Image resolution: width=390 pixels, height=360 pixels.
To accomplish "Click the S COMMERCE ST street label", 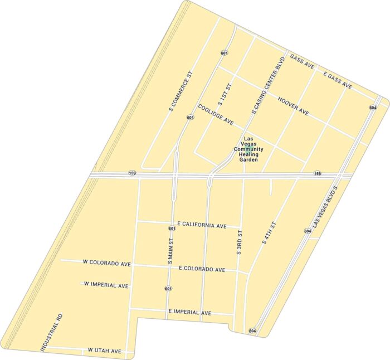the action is pyautogui.click(x=180, y=90).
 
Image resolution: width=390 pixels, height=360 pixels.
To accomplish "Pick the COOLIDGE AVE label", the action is pyautogui.click(x=215, y=113).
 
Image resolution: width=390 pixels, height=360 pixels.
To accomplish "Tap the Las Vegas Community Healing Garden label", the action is pyautogui.click(x=248, y=149).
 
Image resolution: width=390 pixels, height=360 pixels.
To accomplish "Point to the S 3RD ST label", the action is pyautogui.click(x=239, y=241).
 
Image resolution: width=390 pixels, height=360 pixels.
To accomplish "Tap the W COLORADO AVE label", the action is pyautogui.click(x=106, y=262).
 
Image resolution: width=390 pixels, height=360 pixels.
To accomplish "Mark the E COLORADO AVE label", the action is pyautogui.click(x=202, y=269).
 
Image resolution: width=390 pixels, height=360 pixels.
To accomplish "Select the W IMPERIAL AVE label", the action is pyautogui.click(x=106, y=285).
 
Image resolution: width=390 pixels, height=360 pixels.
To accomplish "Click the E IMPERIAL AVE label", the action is pyautogui.click(x=190, y=312).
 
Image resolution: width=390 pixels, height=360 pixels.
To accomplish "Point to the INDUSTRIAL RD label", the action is pyautogui.click(x=51, y=332).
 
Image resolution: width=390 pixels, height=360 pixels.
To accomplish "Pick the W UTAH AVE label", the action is pyautogui.click(x=105, y=351).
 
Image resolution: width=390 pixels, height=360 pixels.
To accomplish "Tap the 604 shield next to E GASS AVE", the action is pyautogui.click(x=372, y=107).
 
